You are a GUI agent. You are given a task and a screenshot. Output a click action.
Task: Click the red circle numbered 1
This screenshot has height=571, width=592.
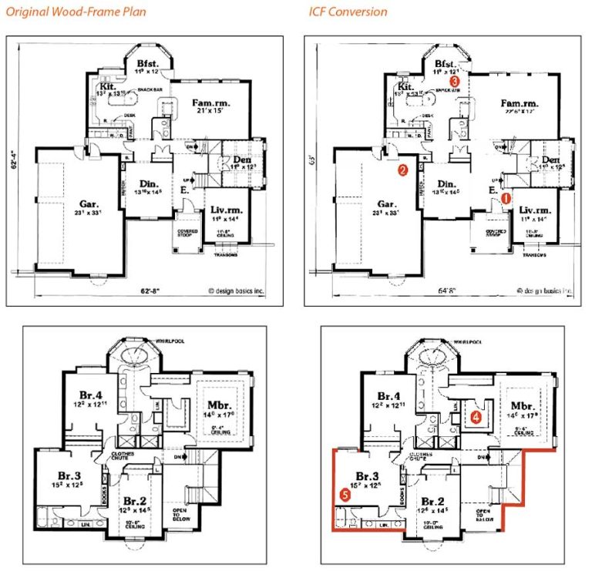[x=506, y=198]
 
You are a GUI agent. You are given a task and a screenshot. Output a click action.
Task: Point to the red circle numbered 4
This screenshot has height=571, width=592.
[x=476, y=417]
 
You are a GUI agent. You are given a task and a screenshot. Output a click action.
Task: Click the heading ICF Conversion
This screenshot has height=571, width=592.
[x=348, y=12]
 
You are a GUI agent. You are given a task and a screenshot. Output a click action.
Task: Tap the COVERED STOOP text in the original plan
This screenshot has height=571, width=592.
[x=186, y=232]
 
